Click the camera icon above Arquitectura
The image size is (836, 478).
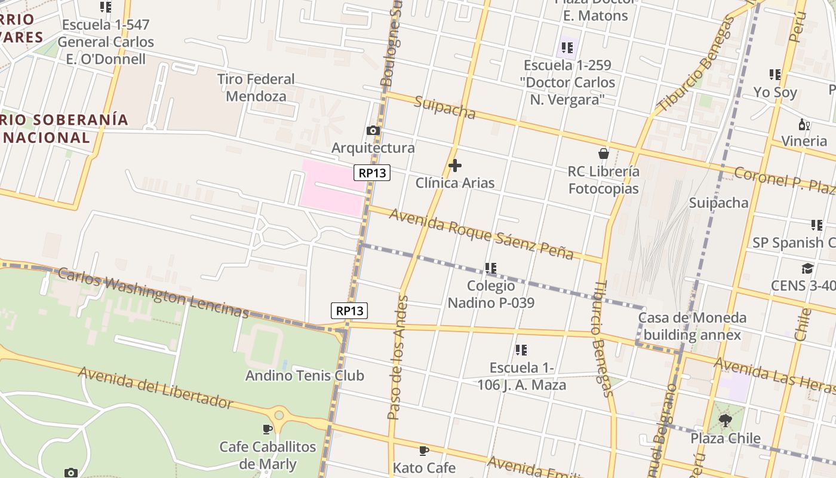pyautogui.click(x=373, y=130)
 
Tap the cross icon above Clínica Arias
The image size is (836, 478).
pyautogui.click(x=455, y=165)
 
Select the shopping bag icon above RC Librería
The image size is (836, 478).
pyautogui.click(x=604, y=154)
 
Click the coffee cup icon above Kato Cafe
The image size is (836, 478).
pyautogui.click(x=424, y=451)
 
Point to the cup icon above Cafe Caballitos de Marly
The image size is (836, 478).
pyautogui.click(x=268, y=429)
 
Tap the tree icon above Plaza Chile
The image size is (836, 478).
pyautogui.click(x=726, y=421)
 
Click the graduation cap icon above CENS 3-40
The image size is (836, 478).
pyautogui.click(x=807, y=268)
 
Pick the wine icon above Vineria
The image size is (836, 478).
pyautogui.click(x=804, y=124)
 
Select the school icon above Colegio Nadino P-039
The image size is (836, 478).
pyautogui.click(x=491, y=268)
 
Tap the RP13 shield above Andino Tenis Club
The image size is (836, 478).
pyautogui.click(x=349, y=311)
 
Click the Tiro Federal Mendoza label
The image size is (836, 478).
pyautogui.click(x=256, y=87)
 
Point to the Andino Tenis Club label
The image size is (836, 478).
pyautogui.click(x=305, y=376)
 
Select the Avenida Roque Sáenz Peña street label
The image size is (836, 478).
pyautogui.click(x=481, y=234)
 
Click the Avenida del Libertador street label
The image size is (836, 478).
pyautogui.click(x=155, y=388)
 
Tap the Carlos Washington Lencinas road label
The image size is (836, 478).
pyautogui.click(x=153, y=293)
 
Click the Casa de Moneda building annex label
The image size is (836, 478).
pyautogui.click(x=692, y=326)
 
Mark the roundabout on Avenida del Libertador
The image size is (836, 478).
pyautogui.click(x=279, y=414)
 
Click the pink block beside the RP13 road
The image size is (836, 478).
pyautogui.click(x=331, y=186)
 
